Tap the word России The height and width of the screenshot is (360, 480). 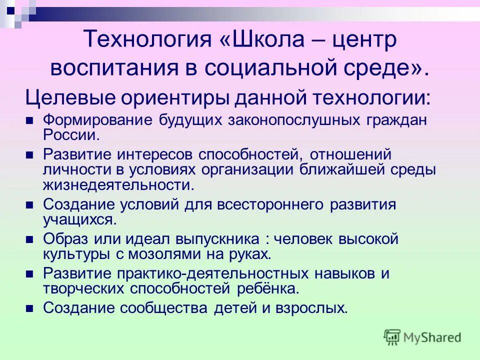(71, 134)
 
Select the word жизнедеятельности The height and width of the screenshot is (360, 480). (118, 184)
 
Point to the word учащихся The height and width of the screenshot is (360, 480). (80, 219)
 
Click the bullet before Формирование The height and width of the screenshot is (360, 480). (29, 120)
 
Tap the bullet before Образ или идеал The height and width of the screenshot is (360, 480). (29, 239)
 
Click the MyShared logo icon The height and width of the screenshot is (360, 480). (392, 337)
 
